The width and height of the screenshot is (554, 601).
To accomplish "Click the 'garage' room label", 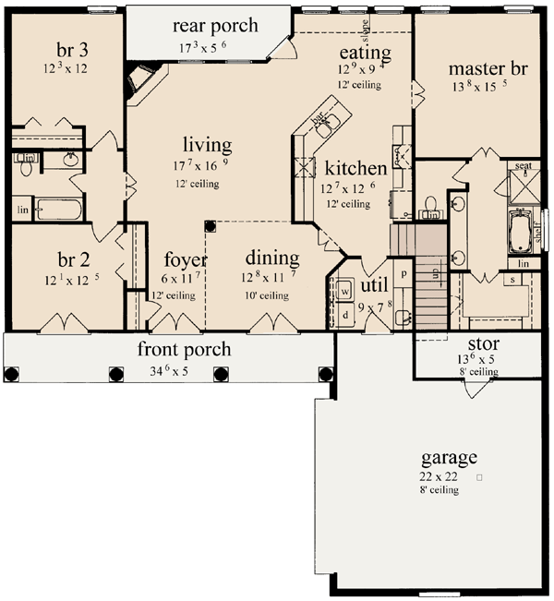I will coord(449,457).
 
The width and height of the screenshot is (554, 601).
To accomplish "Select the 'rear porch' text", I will coord(218,26).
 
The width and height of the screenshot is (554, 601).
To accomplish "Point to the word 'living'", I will coord(207,145).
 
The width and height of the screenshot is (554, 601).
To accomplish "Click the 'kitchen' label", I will coord(355,169).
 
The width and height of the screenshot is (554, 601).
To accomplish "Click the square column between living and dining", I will coord(210,223).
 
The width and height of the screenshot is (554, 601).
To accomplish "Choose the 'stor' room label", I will coord(477,344).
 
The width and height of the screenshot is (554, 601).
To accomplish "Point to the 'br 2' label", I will coord(64,260).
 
